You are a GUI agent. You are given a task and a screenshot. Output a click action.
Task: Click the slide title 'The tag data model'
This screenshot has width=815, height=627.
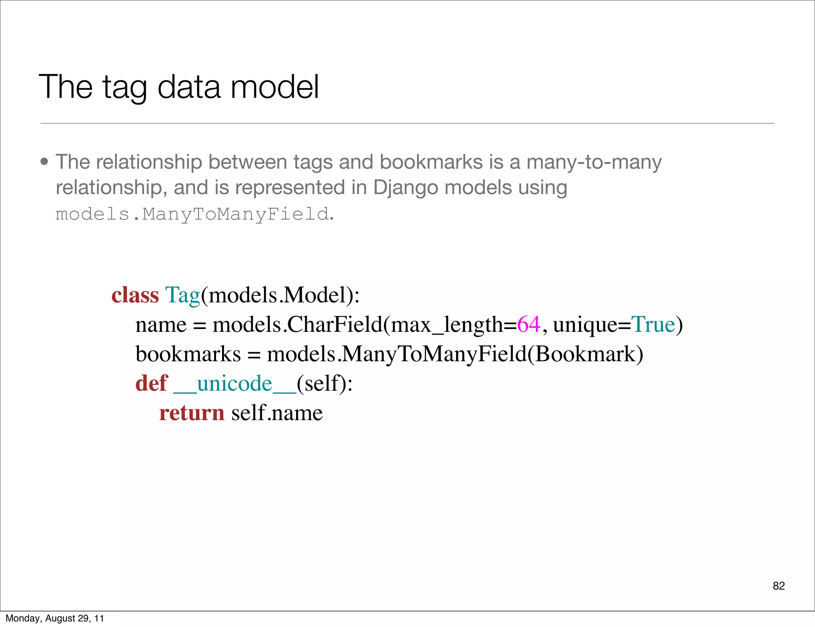click(x=179, y=87)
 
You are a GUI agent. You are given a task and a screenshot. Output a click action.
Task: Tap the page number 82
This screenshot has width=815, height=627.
click(x=778, y=586)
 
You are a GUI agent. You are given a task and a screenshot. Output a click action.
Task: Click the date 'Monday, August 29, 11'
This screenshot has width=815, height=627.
click(x=55, y=618)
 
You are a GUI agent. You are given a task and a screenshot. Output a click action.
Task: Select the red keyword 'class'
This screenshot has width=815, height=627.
click(x=135, y=295)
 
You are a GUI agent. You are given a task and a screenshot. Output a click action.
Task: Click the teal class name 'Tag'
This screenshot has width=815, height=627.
click(x=182, y=295)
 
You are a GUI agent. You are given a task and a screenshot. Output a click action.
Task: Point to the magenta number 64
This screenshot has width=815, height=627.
click(x=528, y=324)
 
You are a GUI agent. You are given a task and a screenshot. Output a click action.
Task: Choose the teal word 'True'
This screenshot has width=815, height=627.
click(x=653, y=324)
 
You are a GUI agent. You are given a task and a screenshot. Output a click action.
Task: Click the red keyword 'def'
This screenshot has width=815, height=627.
click(x=152, y=384)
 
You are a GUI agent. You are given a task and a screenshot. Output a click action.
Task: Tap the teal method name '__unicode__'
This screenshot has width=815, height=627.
click(x=235, y=384)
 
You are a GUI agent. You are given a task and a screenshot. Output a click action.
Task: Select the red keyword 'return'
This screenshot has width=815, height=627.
click(x=192, y=413)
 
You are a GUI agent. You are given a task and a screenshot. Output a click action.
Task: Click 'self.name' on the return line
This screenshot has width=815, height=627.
click(x=277, y=413)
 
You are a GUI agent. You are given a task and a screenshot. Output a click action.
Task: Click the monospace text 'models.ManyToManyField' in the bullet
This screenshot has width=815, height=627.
click(x=192, y=214)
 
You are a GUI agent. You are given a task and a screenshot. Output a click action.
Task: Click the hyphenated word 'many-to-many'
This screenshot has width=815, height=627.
click(x=594, y=162)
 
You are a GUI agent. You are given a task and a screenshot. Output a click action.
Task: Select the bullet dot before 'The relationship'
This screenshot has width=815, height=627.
click(x=45, y=162)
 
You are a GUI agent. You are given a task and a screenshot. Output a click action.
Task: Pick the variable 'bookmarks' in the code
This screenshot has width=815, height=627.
click(x=188, y=354)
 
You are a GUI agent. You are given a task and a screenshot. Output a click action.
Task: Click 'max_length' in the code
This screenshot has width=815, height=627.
click(x=447, y=324)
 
